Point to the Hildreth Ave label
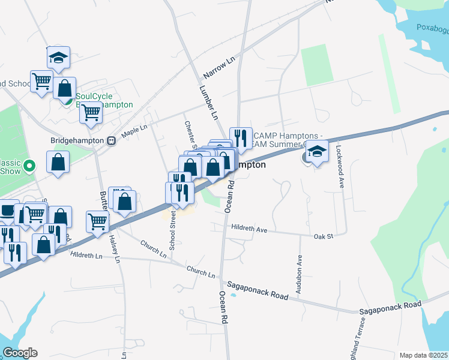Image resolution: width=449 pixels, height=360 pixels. [249, 229]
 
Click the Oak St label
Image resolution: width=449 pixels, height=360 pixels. [323, 237]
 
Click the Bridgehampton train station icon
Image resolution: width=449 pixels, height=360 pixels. [111, 140]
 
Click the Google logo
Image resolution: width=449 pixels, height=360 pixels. [19, 353]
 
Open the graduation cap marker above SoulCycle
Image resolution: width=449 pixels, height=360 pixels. [58, 58]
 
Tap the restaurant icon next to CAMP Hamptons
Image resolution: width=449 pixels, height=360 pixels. [240, 138]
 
